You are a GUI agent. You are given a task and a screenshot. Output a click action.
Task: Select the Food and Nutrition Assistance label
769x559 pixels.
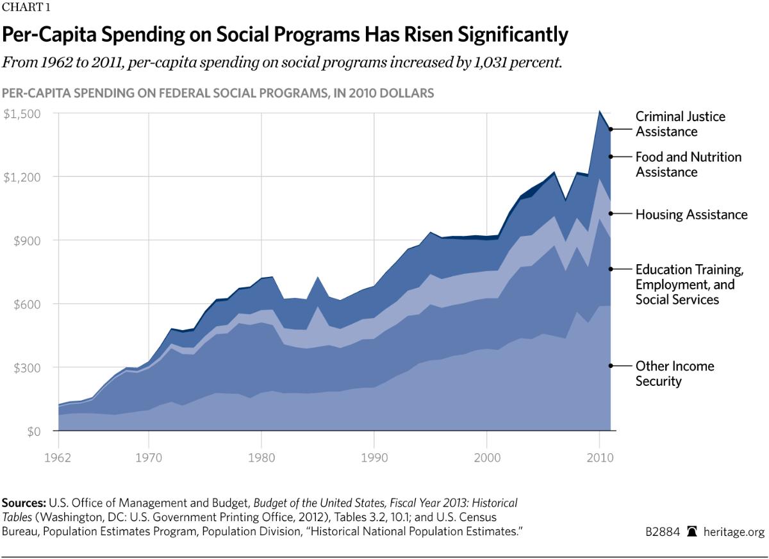[x=688, y=165]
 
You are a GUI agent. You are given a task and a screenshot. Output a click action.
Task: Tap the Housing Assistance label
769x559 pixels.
[x=691, y=214]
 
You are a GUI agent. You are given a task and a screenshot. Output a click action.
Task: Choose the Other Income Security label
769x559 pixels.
[x=674, y=374]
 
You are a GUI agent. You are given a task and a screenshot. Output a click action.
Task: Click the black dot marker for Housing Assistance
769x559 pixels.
[x=611, y=213]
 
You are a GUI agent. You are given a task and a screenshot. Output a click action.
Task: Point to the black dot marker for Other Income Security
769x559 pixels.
[x=611, y=365]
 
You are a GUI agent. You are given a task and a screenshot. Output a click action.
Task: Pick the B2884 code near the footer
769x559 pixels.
[x=663, y=531]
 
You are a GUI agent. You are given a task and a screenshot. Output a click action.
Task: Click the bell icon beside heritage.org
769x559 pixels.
[x=691, y=531]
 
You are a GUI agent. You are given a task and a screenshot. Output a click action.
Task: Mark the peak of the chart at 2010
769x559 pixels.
[x=599, y=111]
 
